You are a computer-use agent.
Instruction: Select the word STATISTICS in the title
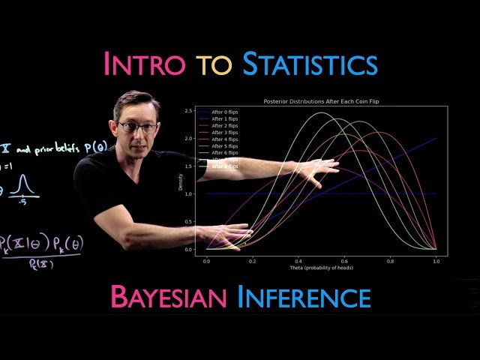(x=309, y=64)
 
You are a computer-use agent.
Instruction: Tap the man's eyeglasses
(x=137, y=127)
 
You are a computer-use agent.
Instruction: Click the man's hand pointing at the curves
(x=315, y=172)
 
